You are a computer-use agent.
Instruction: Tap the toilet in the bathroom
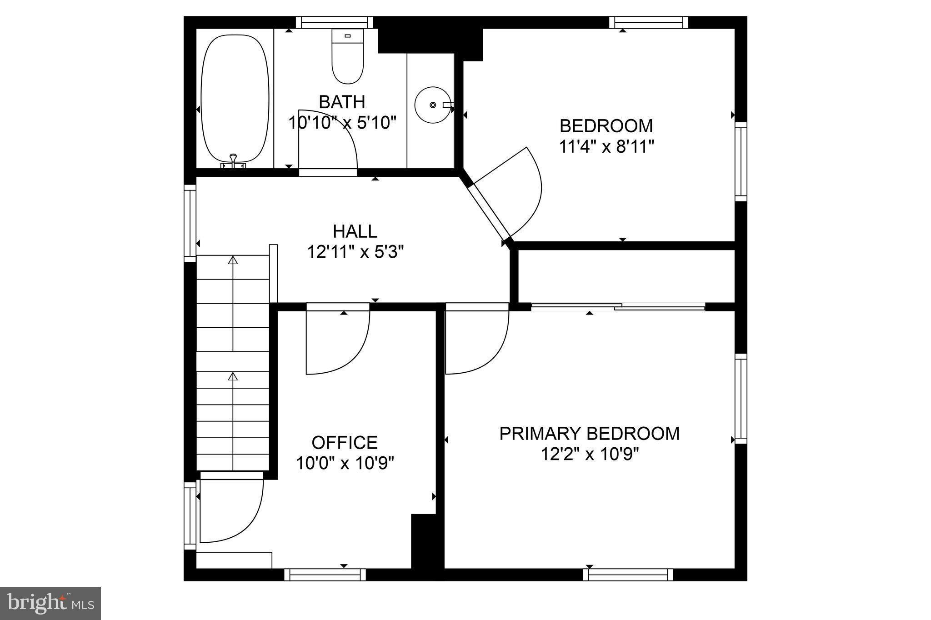coord(348,57)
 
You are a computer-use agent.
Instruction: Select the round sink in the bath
coord(432,105)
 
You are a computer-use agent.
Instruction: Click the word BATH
coord(342,102)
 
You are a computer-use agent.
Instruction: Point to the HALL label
coord(355,231)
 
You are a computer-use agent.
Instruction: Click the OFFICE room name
coord(345,442)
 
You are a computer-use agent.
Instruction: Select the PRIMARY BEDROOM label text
coord(589,434)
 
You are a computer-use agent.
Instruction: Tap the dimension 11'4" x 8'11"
coord(606,146)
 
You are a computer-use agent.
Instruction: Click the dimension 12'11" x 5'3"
coord(355,251)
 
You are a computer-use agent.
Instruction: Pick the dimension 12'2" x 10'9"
coord(590,454)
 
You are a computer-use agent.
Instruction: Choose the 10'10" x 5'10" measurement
coord(342,122)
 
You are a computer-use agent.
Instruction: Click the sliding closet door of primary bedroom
coord(618,307)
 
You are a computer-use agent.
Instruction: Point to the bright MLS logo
coord(50,603)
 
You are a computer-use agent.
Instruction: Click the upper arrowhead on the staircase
coord(233,260)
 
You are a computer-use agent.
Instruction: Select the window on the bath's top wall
coord(334,22)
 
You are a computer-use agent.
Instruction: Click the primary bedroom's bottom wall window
coord(628,575)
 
